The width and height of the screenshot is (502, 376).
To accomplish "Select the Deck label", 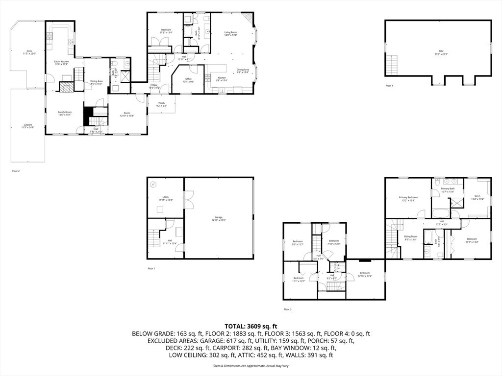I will pos(29,51).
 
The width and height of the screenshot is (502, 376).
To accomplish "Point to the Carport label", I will pos(28,125).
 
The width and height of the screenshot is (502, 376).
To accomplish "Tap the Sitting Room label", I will pos(410,236).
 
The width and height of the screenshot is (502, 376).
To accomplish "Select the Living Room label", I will pos(231,32).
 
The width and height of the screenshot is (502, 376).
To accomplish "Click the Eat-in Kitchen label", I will pos(61,62).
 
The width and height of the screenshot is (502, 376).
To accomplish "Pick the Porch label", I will pos(161,103).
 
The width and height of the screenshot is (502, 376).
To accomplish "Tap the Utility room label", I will pos(166,197).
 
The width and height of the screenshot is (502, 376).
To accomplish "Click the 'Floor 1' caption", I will pos(151,268).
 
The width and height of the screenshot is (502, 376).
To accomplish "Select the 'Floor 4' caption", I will pos(390,86).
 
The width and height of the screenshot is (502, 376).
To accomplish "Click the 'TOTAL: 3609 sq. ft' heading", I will pos(251,326).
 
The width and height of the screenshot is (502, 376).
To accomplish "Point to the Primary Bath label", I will pos(448,189).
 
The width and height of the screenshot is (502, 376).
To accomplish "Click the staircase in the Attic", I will pos(392,64).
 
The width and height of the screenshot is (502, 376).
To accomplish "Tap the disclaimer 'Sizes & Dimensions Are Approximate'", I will pos(251,366).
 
